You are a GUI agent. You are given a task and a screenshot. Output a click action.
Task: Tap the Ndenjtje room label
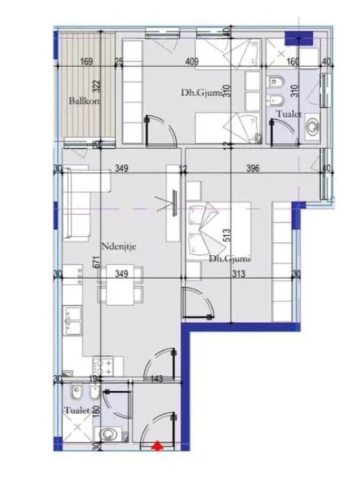[x=116, y=246]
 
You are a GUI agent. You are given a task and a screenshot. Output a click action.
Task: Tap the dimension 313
[x=239, y=274]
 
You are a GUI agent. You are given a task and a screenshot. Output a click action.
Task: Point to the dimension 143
[x=158, y=378]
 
